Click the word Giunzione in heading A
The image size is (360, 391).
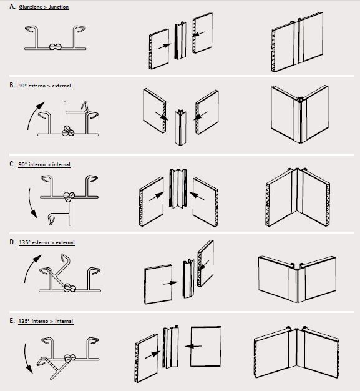coord(31,7)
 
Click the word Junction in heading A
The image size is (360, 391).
coord(59,7)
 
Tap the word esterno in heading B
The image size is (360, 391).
coord(37,86)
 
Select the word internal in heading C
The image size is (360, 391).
coord(61,164)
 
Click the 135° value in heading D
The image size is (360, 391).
coord(24,242)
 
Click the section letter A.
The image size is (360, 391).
coord(12,6)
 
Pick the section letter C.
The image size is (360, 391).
coord(12,164)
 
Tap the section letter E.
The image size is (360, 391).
coord(12,320)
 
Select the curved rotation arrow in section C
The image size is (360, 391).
coord(31,203)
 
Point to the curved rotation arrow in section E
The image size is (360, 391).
coord(26,359)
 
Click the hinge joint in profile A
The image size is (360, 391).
coord(56,47)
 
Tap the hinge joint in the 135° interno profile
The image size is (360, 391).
coord(70,358)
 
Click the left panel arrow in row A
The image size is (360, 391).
coord(164,46)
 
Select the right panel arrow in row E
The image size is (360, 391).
coord(193,346)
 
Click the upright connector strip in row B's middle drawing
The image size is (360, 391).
coord(180,127)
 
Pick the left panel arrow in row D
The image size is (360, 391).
coord(170,283)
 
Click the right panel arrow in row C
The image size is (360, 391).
coord(197,195)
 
